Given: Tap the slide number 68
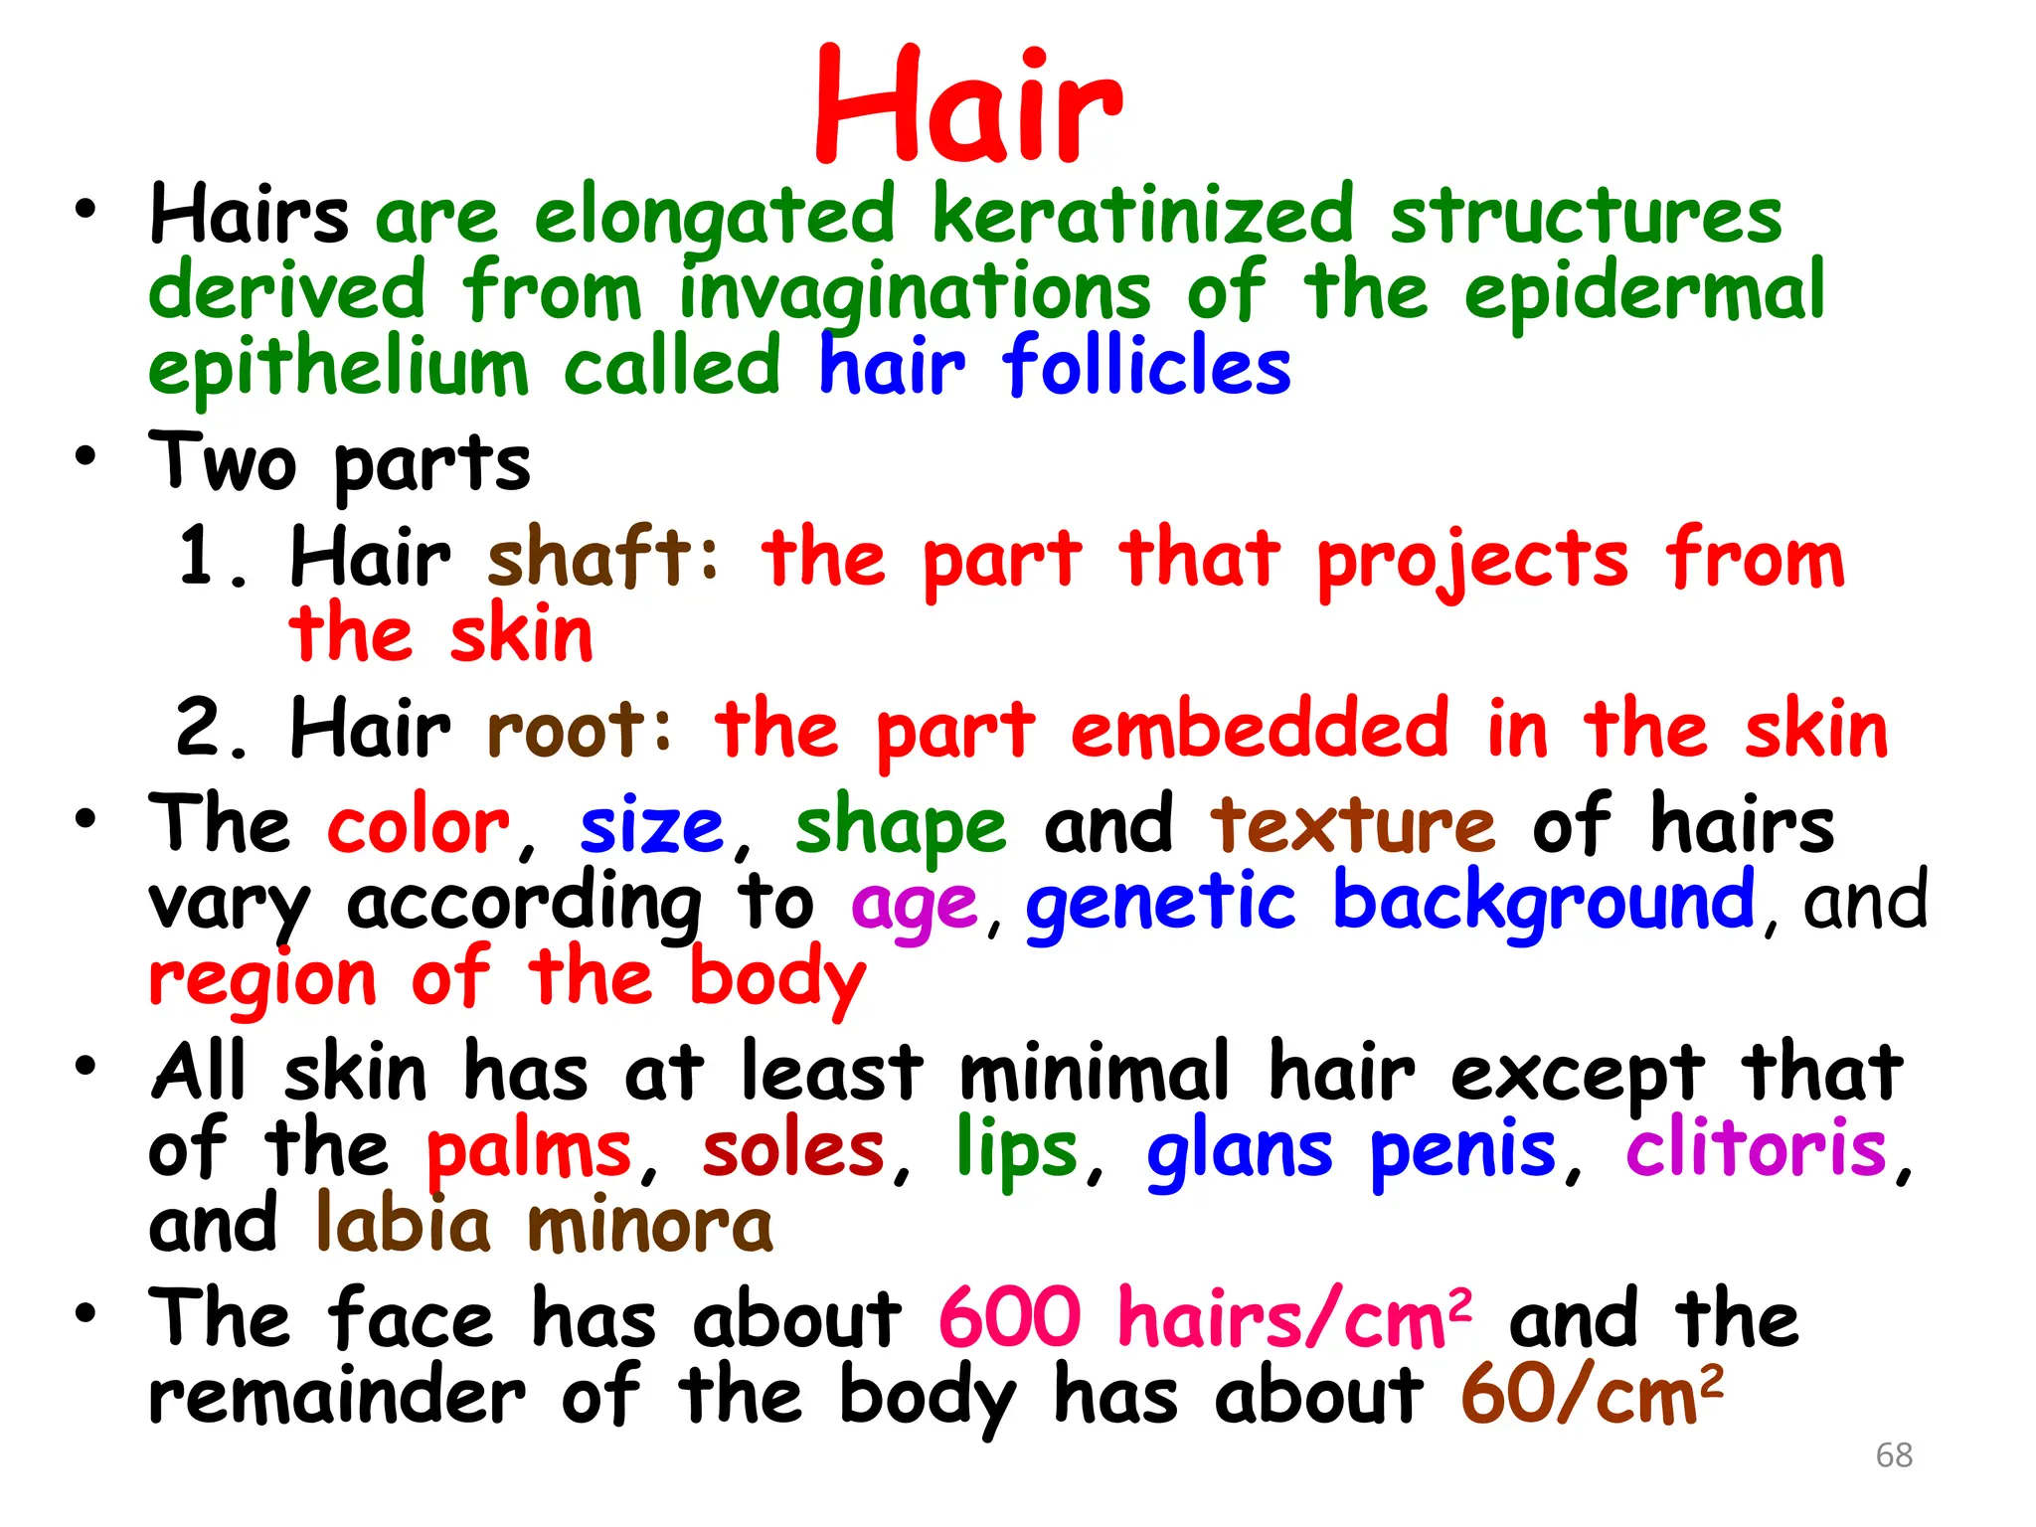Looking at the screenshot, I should [1894, 1454].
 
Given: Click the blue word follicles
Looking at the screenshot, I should [1146, 366].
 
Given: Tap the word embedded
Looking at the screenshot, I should [1260, 729].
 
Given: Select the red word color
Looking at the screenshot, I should [419, 826].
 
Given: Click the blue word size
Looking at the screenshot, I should [652, 826].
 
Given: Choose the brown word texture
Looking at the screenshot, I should [1352, 826].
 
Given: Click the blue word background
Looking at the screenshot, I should [1544, 901].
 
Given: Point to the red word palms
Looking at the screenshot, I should [529, 1150].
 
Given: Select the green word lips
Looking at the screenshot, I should [1017, 1150].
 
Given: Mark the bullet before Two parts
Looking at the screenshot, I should [86, 457].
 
